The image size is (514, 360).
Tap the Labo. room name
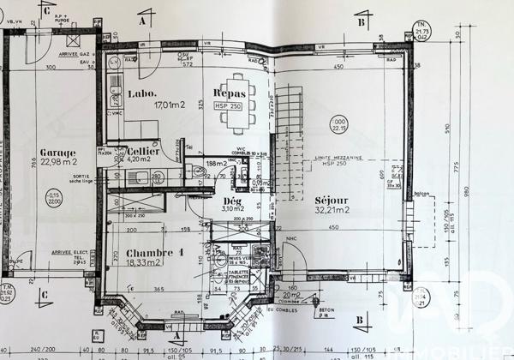142,93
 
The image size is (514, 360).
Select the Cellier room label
143,149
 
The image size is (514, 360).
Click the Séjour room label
330,196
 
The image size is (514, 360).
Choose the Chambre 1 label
155,253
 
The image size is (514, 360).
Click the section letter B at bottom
359,321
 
